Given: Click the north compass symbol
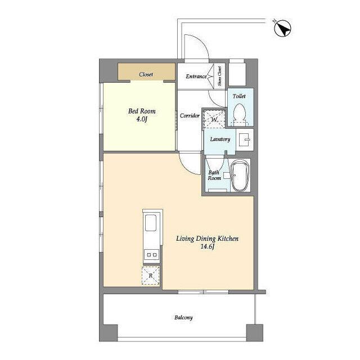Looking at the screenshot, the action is tap(282, 29).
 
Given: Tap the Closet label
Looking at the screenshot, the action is tap(146, 74).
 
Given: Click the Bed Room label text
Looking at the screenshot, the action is tap(142, 111).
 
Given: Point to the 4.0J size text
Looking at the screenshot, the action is tap(142, 119).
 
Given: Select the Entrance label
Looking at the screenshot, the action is tap(196, 76).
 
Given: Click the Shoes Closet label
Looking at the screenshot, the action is tap(220, 76).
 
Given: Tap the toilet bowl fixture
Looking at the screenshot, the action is tap(240, 114).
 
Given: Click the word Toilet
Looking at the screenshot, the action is tap(239, 96).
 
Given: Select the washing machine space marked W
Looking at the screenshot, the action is tap(214, 119).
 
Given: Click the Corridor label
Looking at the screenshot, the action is tap(190, 115).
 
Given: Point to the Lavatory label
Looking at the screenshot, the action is tap(220, 139).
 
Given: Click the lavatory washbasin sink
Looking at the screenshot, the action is tap(245, 139).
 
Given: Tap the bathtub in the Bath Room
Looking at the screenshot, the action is tap(240, 175).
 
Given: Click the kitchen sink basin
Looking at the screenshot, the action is tap(151, 223).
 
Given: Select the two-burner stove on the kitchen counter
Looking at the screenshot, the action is tap(151, 255).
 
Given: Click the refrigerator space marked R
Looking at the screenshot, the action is tap(151, 276).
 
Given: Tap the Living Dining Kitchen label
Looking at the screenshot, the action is tap(207, 238).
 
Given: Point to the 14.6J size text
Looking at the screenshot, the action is tap(208, 247).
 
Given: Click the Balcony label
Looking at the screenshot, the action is tap(183, 318).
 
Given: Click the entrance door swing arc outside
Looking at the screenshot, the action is tap(201, 42).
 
